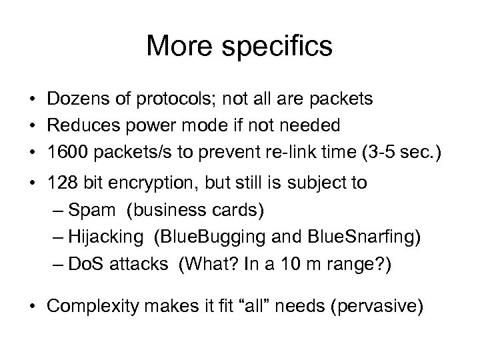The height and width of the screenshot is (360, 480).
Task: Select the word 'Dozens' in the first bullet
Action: [74, 99]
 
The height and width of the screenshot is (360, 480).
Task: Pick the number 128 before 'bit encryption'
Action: [60, 183]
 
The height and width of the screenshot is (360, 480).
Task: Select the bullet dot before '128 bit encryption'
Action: [33, 183]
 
